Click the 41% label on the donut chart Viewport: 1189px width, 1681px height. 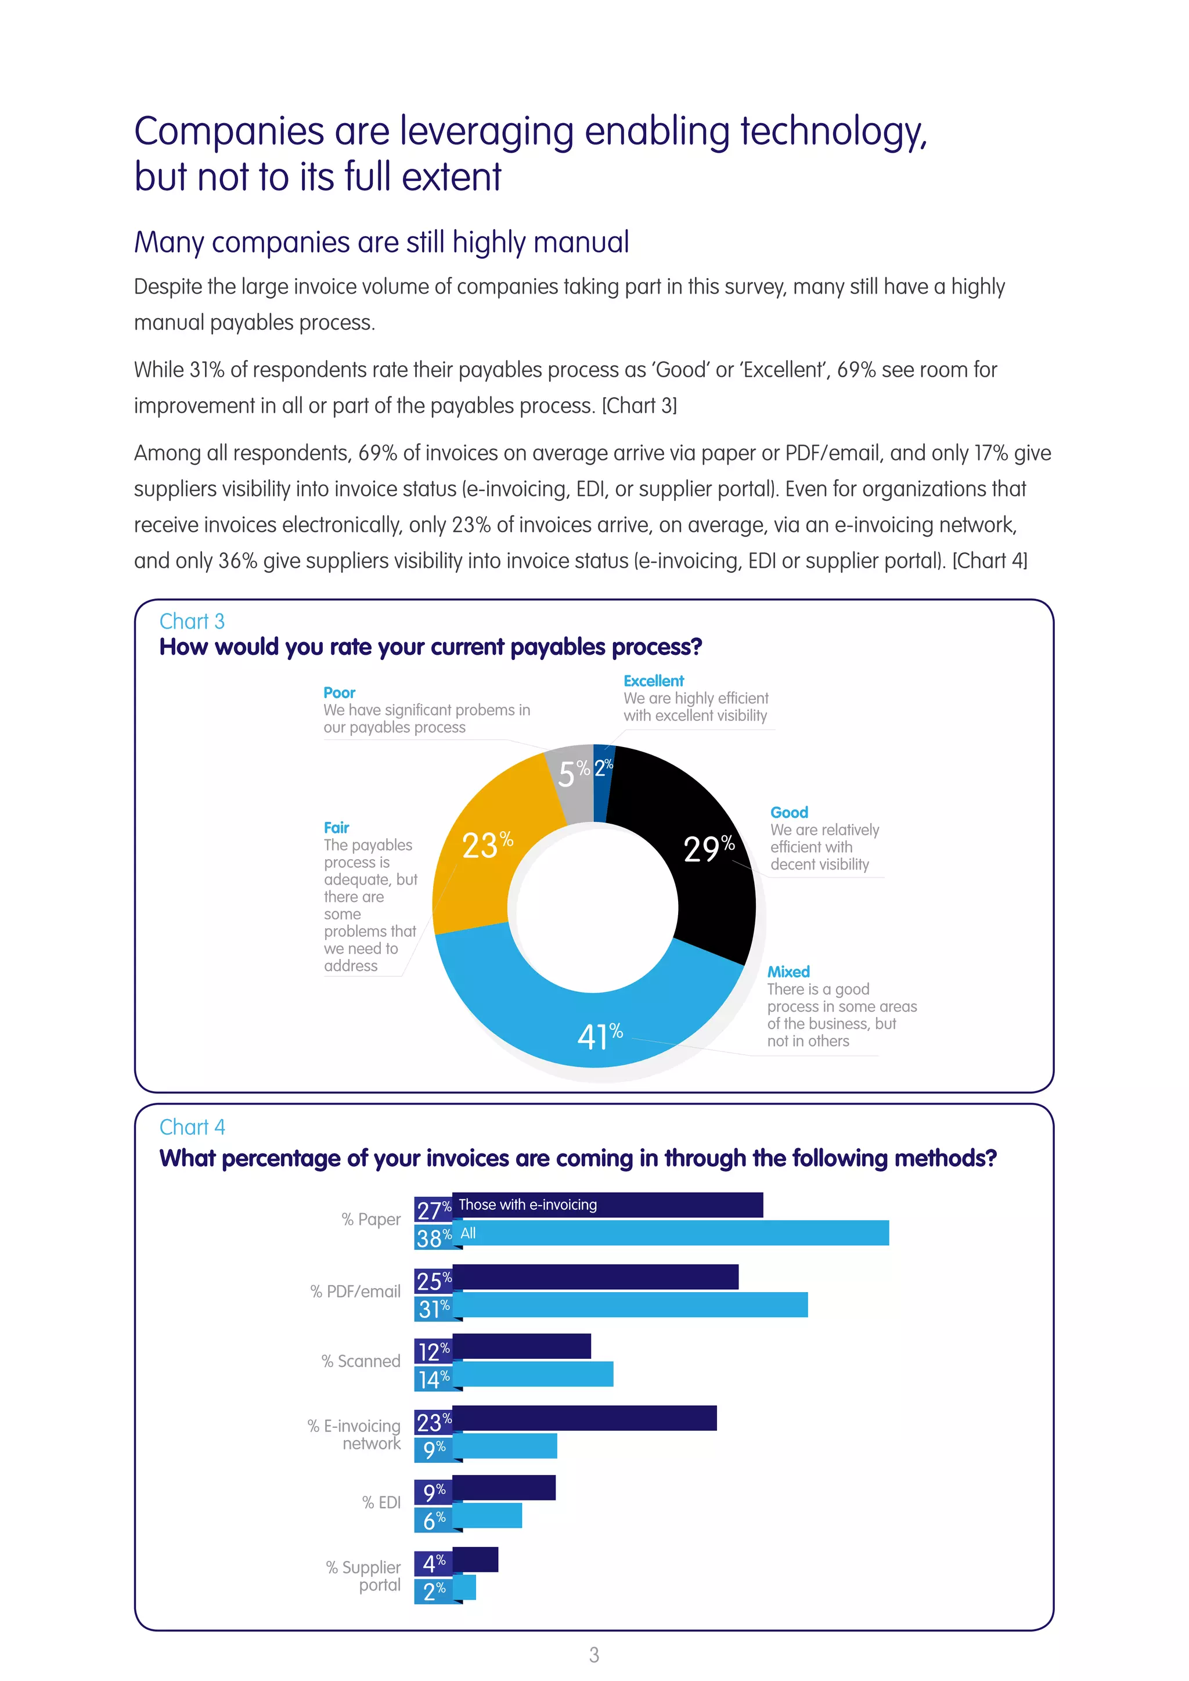click(599, 1036)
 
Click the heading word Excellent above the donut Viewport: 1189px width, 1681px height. click(653, 681)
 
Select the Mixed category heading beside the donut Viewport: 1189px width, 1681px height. click(788, 972)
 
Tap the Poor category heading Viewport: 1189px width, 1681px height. click(339, 692)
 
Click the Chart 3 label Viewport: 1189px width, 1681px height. click(192, 622)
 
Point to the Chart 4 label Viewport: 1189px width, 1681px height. click(192, 1127)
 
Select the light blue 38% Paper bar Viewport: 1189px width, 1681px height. click(670, 1233)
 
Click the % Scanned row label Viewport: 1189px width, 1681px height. click(361, 1361)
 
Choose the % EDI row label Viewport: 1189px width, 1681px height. click(381, 1502)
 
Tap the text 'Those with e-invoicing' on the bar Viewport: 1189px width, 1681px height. click(527, 1204)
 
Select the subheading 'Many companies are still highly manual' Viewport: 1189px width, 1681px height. click(381, 242)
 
